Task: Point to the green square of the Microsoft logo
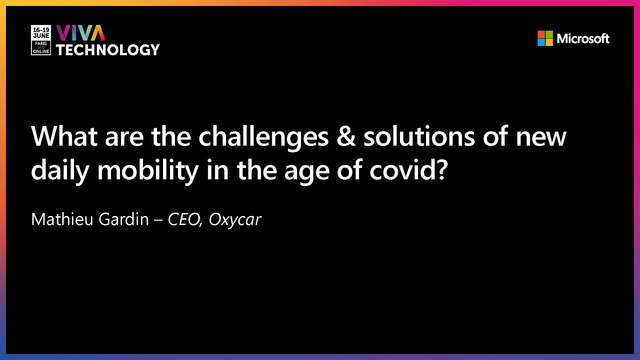click(x=549, y=34)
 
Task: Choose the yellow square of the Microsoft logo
click(x=549, y=43)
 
